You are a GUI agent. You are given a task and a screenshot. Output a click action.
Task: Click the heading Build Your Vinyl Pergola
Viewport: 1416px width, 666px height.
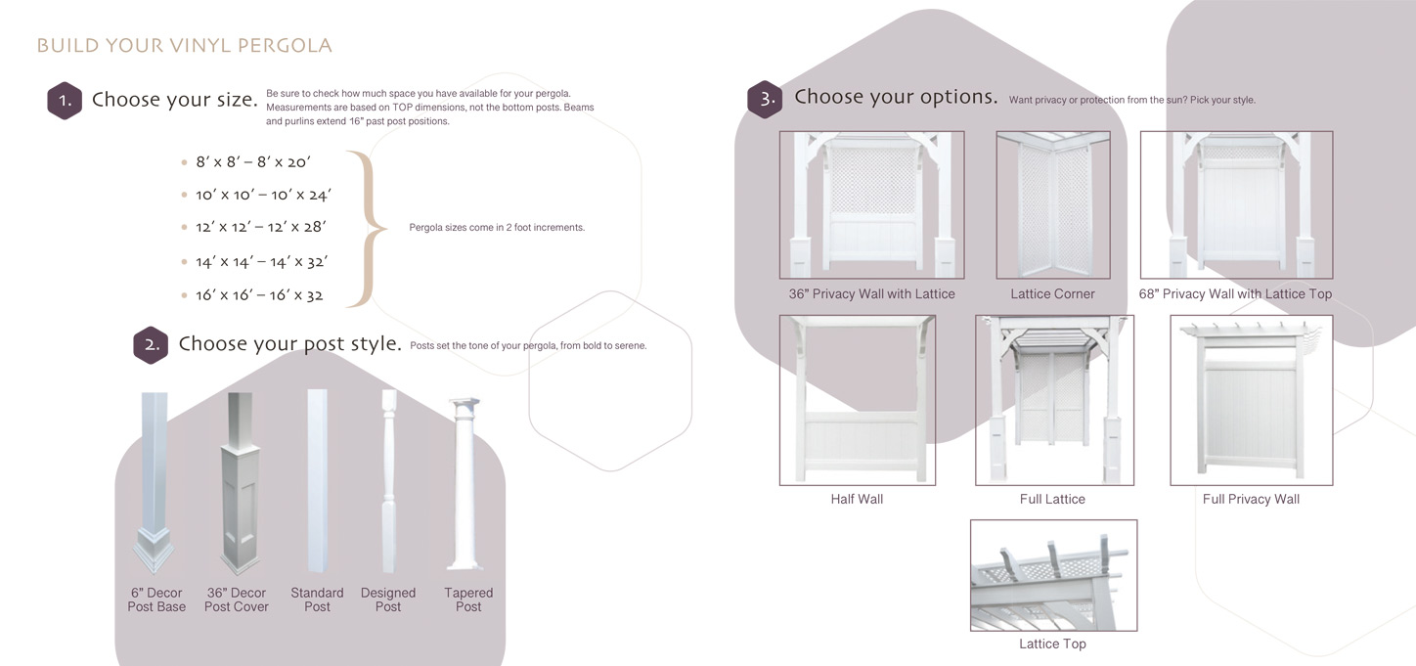click(184, 46)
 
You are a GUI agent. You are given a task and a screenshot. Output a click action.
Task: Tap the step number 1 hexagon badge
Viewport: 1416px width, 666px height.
click(65, 100)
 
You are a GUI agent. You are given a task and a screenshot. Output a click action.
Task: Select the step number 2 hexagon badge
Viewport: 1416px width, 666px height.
click(151, 345)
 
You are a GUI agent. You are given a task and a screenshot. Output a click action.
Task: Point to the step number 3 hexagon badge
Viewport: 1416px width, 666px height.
click(765, 99)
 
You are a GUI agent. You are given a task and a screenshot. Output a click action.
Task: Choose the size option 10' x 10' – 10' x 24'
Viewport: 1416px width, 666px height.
click(263, 195)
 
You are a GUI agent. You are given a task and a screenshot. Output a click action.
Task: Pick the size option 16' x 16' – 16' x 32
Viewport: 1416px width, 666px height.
click(259, 295)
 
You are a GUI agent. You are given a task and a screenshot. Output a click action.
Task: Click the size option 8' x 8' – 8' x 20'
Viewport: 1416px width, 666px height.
click(253, 162)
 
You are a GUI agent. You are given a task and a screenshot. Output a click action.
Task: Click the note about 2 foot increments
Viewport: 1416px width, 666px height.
click(497, 228)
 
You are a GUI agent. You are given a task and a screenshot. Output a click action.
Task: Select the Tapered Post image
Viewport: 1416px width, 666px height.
click(464, 483)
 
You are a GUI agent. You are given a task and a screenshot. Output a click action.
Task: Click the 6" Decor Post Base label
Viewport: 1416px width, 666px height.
click(156, 599)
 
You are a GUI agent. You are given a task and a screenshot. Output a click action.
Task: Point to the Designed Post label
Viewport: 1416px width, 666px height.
click(388, 599)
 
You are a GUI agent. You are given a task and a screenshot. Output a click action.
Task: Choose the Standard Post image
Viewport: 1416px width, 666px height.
click(317, 480)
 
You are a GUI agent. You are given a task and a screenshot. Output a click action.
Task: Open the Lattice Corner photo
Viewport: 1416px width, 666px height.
click(1052, 205)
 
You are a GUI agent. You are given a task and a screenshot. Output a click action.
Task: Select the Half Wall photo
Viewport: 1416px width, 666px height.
click(857, 400)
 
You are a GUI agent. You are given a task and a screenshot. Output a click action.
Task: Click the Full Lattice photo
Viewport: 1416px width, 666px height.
click(1054, 400)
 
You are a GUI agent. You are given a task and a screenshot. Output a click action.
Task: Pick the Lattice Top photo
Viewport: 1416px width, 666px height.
click(1053, 575)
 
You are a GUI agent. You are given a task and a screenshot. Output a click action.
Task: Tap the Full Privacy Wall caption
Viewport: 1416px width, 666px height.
click(1251, 499)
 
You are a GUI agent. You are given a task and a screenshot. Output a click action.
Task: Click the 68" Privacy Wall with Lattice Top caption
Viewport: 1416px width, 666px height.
click(1235, 294)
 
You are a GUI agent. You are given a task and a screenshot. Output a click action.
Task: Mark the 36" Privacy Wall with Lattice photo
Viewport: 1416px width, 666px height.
click(871, 205)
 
